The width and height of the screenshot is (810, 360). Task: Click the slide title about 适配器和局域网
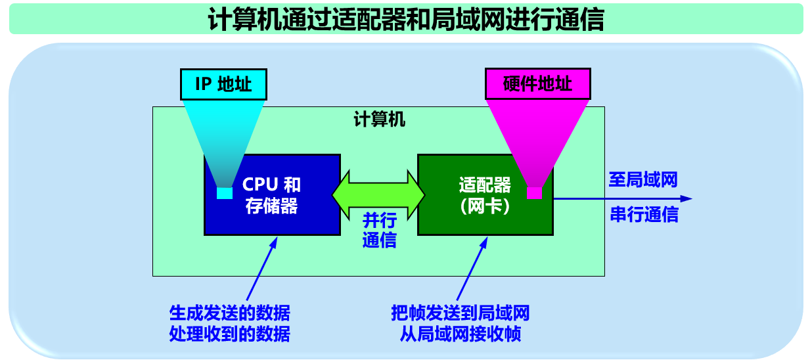pyautogui.click(x=405, y=19)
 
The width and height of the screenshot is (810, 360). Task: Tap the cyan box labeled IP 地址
pyautogui.click(x=223, y=84)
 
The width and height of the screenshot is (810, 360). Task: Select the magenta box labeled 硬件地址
pyautogui.click(x=537, y=84)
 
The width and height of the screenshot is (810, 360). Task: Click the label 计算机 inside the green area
pyautogui.click(x=379, y=120)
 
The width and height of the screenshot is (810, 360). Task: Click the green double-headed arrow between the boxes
pyautogui.click(x=379, y=194)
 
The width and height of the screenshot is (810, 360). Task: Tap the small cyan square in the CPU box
pyautogui.click(x=225, y=193)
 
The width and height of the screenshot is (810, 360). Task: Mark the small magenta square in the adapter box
pyautogui.click(x=534, y=193)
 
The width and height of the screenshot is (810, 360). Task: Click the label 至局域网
pyautogui.click(x=642, y=180)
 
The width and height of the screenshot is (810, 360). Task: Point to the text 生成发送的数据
pyautogui.click(x=229, y=312)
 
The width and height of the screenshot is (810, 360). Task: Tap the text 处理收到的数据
pyautogui.click(x=229, y=334)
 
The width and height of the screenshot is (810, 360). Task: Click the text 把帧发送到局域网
pyautogui.click(x=460, y=312)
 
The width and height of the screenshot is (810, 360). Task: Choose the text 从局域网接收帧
pyautogui.click(x=460, y=334)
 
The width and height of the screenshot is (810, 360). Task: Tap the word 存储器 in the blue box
pyautogui.click(x=272, y=206)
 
